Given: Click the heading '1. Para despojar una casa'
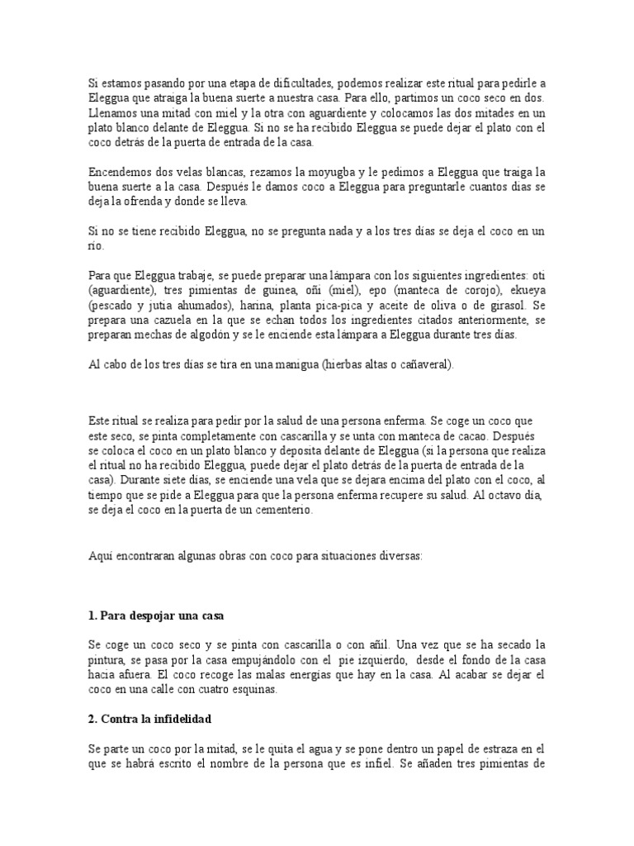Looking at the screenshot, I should coord(155,615).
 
